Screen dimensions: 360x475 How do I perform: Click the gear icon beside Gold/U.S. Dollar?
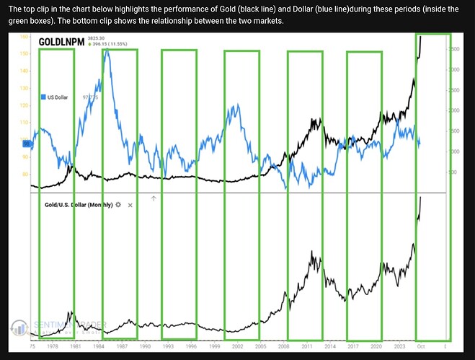pos(118,205)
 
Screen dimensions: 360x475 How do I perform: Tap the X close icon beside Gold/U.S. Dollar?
pos(130,205)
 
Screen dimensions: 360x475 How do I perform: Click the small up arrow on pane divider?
pos(153,197)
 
